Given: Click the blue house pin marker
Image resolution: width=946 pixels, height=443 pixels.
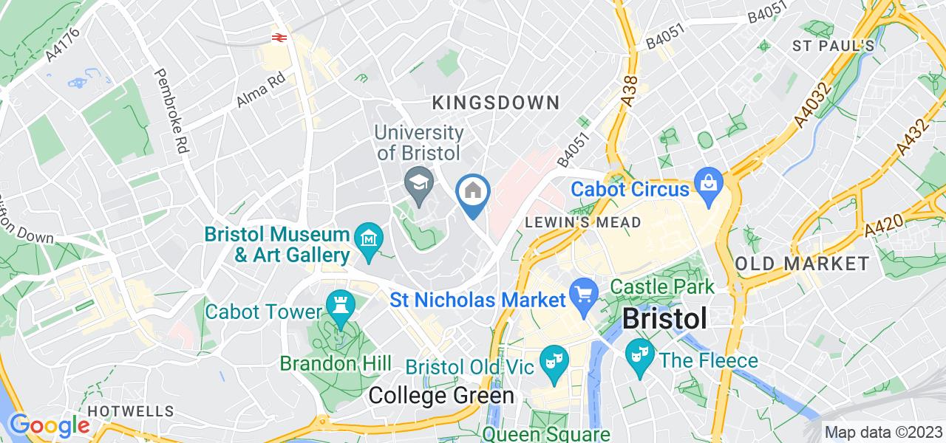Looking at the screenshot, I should point(473,192).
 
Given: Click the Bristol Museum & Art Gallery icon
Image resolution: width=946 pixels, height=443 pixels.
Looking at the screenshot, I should point(368,239).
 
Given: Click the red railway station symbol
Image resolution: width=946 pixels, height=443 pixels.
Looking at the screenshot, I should point(279,36).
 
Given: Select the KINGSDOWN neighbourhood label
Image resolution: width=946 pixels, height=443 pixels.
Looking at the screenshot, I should point(495,102).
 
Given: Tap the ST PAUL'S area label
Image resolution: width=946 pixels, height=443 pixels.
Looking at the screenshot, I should point(834,46).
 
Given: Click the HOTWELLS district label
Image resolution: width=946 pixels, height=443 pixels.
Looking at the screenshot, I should point(131,411).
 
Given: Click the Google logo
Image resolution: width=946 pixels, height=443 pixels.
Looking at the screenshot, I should point(50,426).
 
